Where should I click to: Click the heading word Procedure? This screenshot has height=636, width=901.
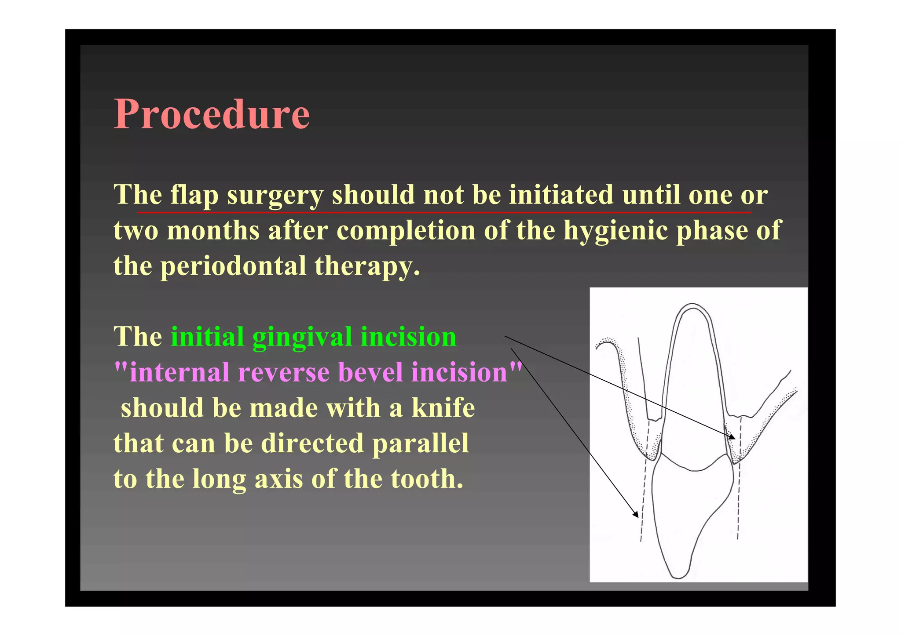pos(212,114)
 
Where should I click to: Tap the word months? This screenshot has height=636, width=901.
pos(213,230)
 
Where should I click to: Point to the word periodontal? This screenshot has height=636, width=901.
pos(233,266)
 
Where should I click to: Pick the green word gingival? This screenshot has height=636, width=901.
pos(301,337)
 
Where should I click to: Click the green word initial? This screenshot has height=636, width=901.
pos(207,337)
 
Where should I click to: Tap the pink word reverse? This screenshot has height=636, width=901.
pos(284,372)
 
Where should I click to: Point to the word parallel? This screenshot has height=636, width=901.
pos(420,443)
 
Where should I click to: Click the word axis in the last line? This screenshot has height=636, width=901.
pos(278,479)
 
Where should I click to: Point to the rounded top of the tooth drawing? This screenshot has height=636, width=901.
pos(692,304)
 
